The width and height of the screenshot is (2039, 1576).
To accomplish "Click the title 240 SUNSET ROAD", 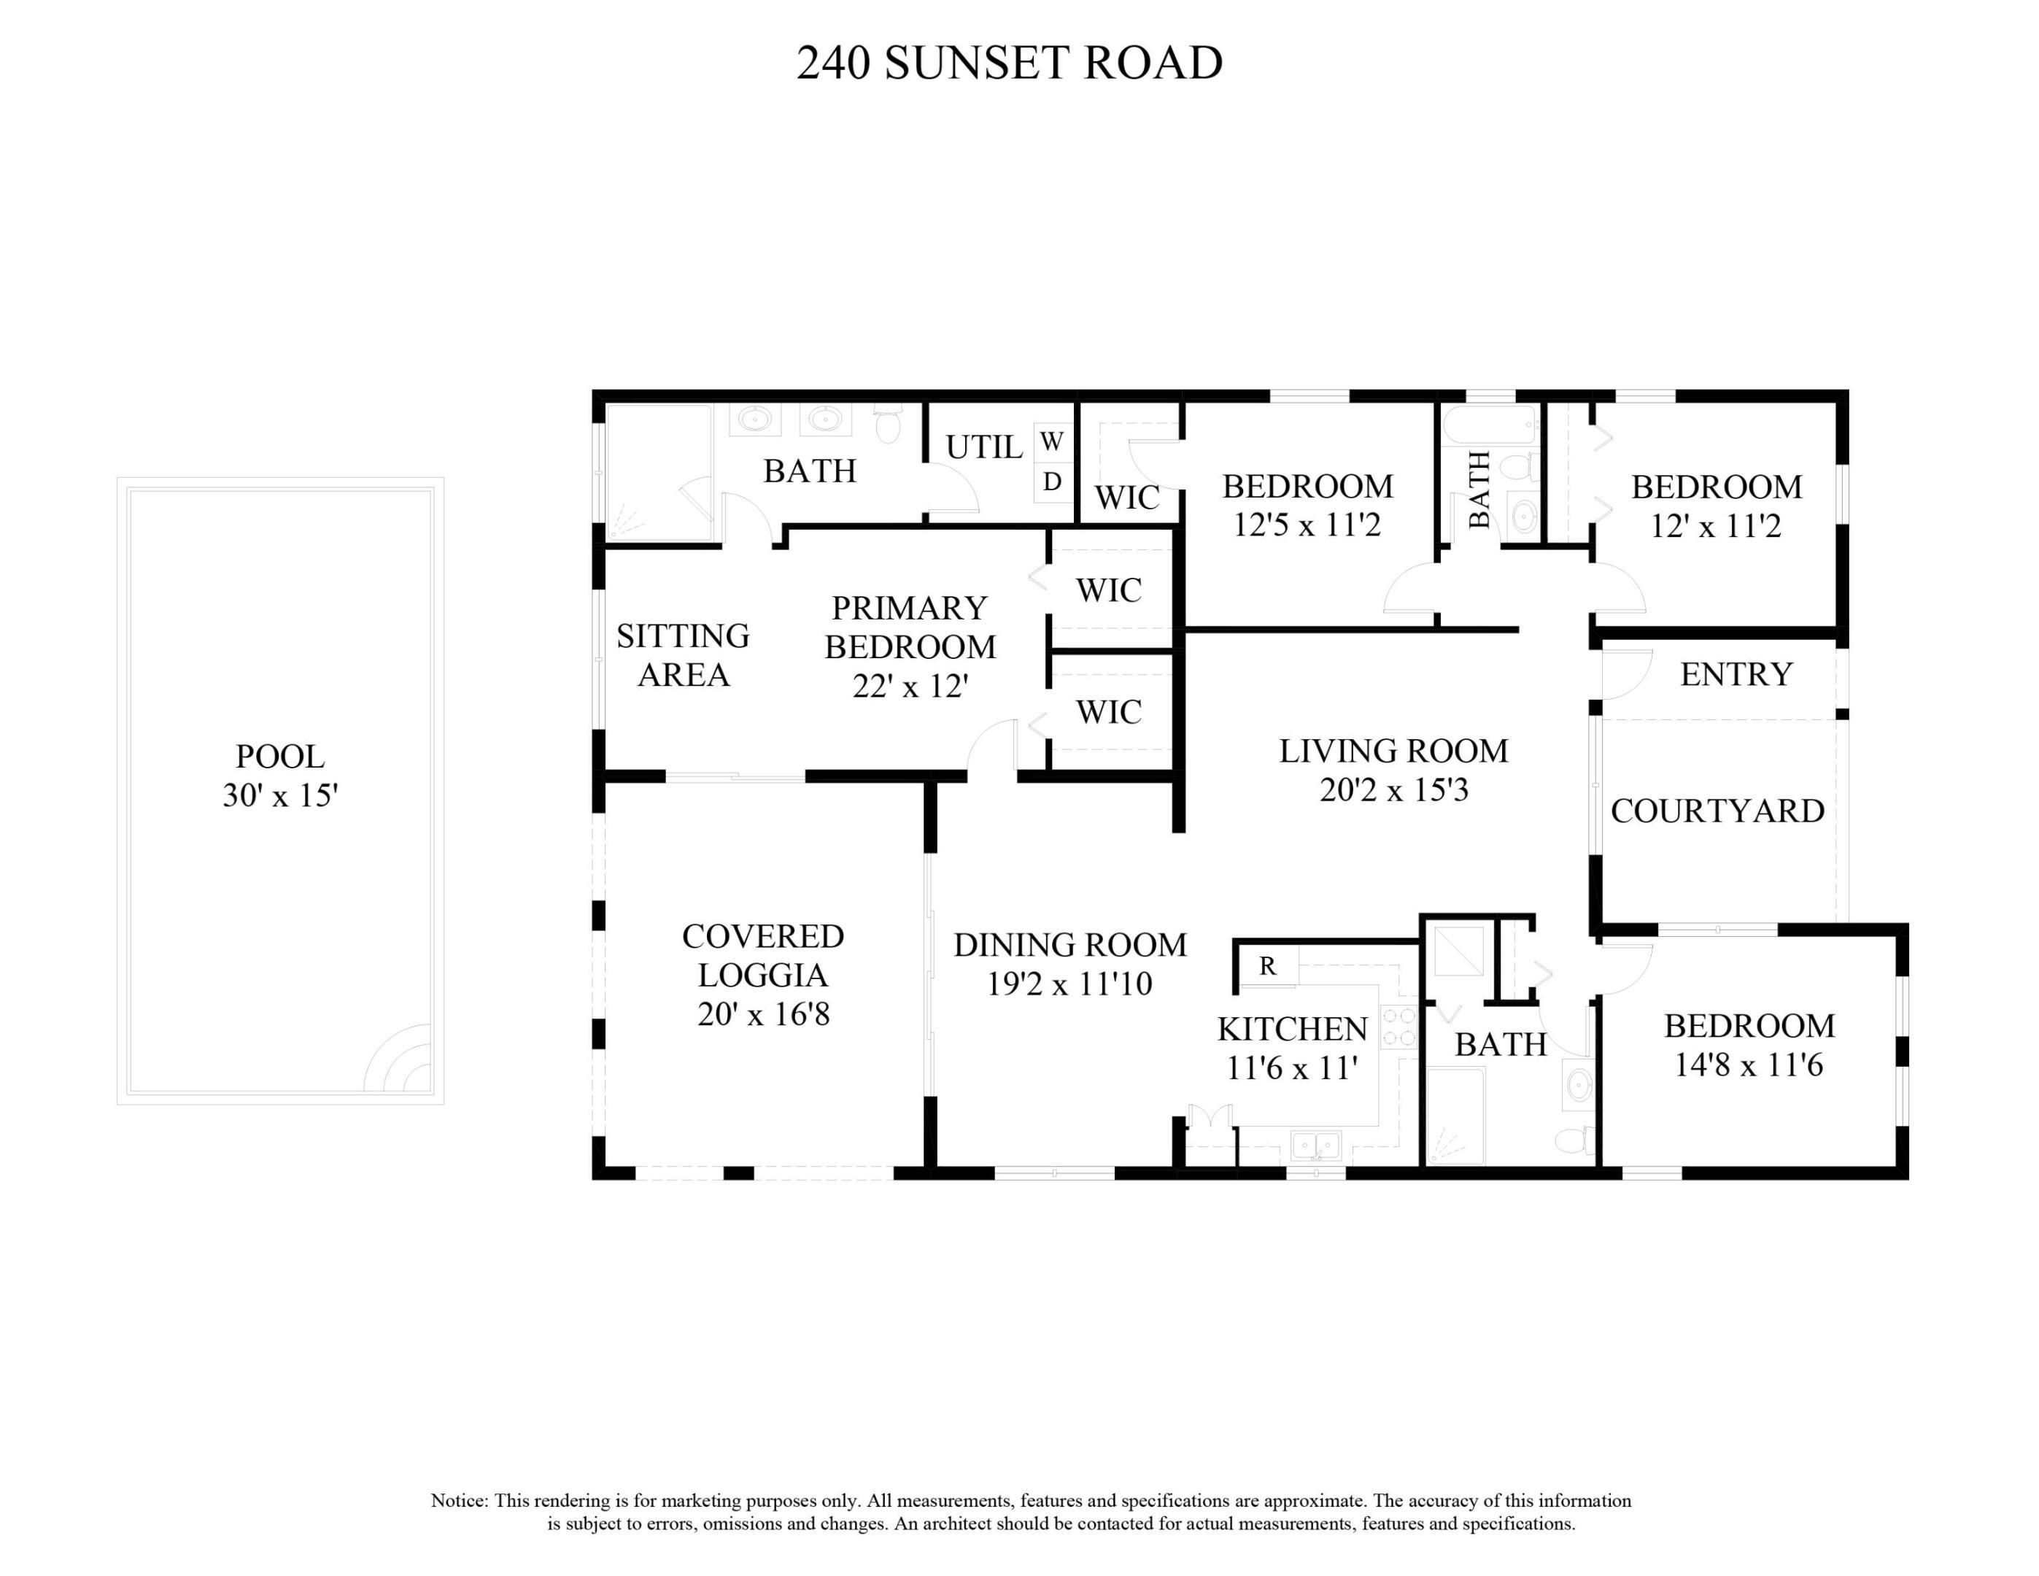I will [x=1008, y=63].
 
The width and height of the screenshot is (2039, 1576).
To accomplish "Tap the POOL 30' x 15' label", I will [x=280, y=776].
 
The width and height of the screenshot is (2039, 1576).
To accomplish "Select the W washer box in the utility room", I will [x=1052, y=441].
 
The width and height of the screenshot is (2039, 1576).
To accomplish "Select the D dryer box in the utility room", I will [x=1052, y=482].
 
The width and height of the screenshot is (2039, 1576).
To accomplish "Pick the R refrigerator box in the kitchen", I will [x=1268, y=966].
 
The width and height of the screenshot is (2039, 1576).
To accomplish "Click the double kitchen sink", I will [x=1315, y=1145].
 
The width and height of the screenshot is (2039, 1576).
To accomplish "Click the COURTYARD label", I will [x=1718, y=811].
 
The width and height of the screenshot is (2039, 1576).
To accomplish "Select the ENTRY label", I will [x=1736, y=674].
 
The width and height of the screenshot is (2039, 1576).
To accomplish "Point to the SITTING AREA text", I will [x=684, y=654].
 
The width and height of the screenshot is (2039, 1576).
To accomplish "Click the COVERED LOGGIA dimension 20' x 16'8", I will [x=764, y=1015].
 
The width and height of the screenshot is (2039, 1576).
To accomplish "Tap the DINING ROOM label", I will [x=1070, y=945].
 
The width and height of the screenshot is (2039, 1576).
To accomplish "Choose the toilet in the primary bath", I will [x=888, y=426].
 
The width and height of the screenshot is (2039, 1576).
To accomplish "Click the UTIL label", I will [x=984, y=447].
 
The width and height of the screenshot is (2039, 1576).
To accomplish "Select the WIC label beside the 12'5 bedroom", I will [x=1127, y=498].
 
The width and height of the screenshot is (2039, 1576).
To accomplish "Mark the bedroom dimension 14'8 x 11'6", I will [x=1749, y=1065].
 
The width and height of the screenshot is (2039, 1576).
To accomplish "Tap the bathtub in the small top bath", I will [x=1490, y=427].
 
